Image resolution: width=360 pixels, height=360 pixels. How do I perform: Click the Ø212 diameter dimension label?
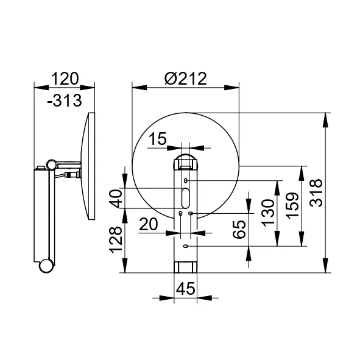click(x=186, y=79)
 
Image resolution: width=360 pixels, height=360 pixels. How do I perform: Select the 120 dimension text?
click(x=65, y=79)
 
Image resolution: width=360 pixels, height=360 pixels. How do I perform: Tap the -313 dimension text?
click(x=65, y=101)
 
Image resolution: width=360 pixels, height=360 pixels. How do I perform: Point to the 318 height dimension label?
click(x=316, y=193)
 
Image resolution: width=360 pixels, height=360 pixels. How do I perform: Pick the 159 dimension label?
click(x=292, y=206)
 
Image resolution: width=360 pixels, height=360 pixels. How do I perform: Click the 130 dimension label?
click(x=267, y=213)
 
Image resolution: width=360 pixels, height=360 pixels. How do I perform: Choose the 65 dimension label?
click(x=239, y=230)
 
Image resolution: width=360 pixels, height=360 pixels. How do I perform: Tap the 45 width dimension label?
click(x=186, y=289)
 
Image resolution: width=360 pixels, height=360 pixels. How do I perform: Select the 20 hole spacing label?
click(x=149, y=224)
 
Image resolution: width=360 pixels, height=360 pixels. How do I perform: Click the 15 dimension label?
click(x=158, y=139)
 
